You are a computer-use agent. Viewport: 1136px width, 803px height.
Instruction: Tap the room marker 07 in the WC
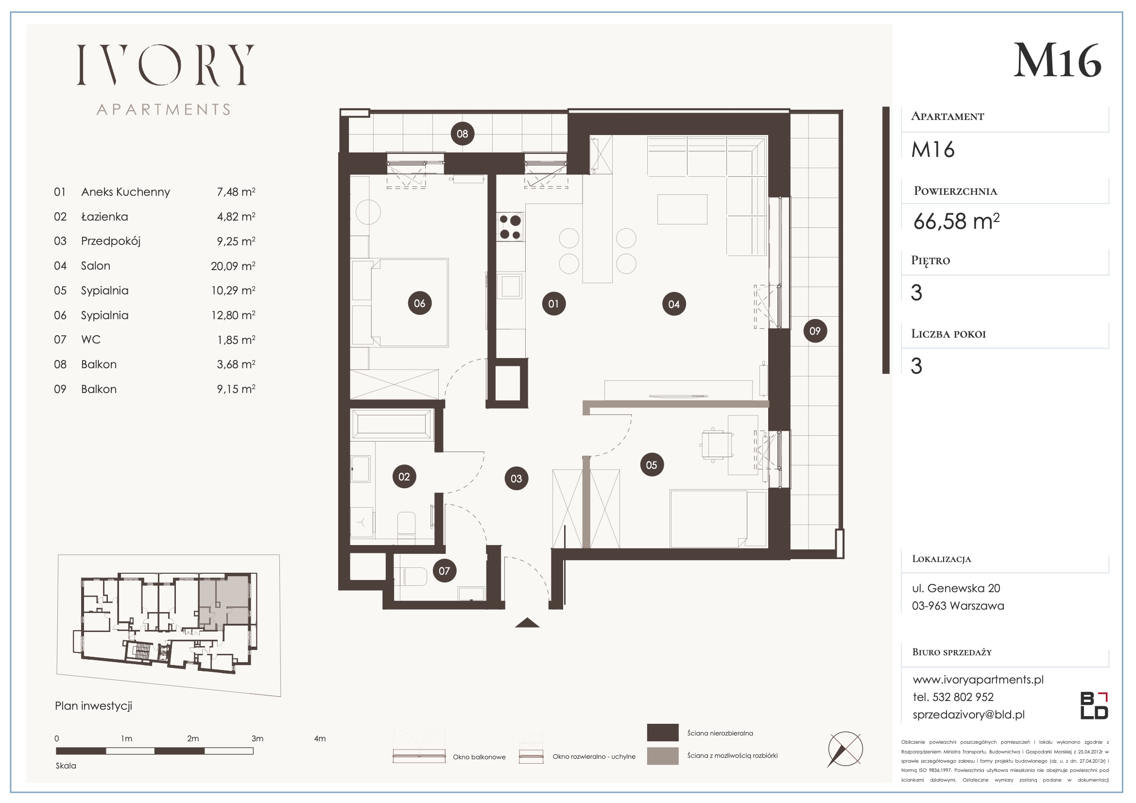[x=444, y=571]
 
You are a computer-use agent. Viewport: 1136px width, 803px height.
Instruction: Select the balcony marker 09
[x=815, y=330]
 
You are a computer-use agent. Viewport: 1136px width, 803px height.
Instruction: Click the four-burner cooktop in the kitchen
[x=510, y=226]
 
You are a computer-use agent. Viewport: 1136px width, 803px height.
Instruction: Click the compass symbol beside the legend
[x=845, y=750]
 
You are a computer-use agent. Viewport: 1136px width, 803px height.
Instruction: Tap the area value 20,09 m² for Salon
[x=233, y=266]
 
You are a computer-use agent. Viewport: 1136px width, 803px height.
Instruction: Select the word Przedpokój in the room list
[x=111, y=241]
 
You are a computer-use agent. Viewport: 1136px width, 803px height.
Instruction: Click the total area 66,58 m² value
[x=956, y=221]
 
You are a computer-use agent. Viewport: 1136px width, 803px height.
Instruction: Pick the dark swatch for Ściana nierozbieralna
[x=662, y=732]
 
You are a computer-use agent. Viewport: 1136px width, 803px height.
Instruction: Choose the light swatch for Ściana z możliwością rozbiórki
[x=662, y=755]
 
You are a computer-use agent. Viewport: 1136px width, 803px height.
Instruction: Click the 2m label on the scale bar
[x=193, y=739]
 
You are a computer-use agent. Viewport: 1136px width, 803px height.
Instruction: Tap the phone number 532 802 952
[x=963, y=697]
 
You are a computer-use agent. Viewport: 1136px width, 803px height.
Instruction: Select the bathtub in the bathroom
[x=391, y=425]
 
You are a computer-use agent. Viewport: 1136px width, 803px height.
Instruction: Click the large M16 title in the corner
[x=1057, y=60]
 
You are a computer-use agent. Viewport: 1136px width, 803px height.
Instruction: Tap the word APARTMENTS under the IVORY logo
[x=164, y=109]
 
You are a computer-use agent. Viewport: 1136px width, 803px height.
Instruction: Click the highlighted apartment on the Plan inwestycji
[x=224, y=600]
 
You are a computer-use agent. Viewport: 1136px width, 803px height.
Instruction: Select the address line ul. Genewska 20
[x=956, y=588]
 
